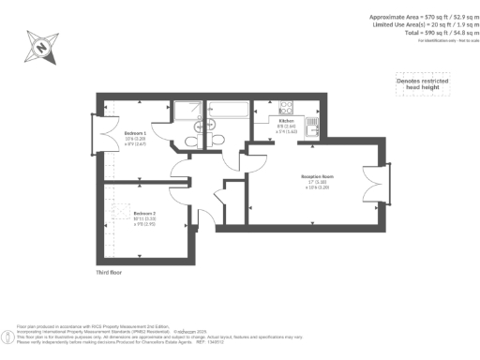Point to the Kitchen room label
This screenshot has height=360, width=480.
tap(287, 122)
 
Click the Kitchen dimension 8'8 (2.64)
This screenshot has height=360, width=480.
tap(287, 127)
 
